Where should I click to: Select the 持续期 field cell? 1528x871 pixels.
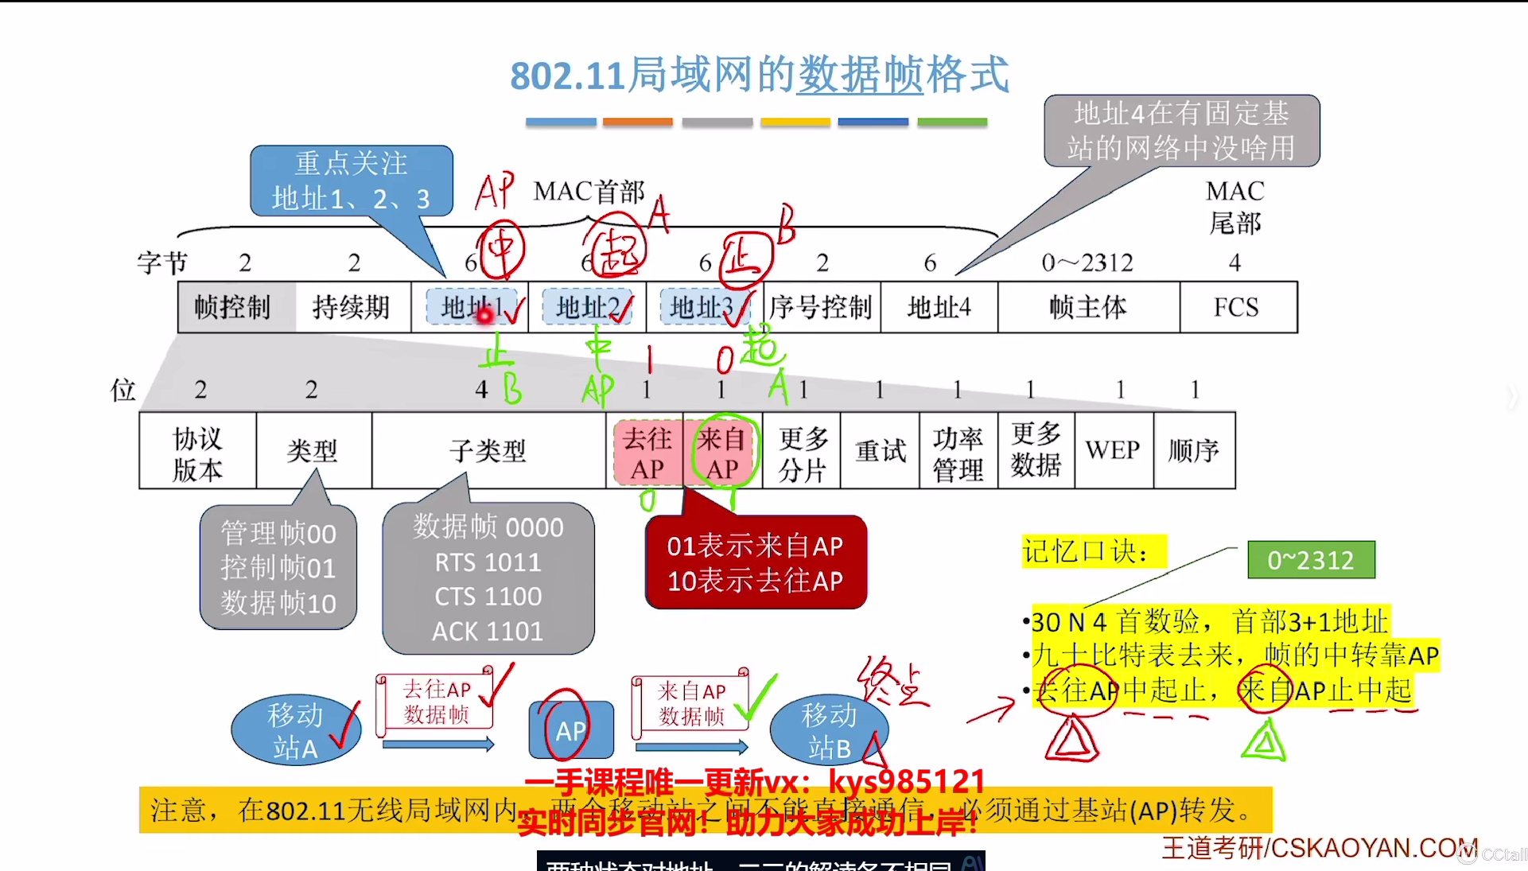point(352,307)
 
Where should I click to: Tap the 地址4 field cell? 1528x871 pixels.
point(939,307)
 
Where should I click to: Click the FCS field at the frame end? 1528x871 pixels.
point(1237,307)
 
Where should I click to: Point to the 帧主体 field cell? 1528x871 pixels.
point(1087,307)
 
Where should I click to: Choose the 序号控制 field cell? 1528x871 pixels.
point(821,307)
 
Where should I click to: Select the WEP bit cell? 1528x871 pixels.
point(1113,451)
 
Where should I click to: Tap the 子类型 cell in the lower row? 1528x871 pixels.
point(488,451)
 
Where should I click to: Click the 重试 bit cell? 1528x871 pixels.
point(880,451)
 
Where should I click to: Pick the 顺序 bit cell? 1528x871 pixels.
point(1193,451)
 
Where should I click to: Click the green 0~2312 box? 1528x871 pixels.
point(1310,560)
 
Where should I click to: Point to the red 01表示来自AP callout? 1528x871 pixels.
point(755,563)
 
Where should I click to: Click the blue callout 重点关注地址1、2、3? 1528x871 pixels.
point(351,181)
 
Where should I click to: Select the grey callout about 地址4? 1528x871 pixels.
point(1181,130)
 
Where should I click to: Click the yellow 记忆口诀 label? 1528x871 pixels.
point(1093,550)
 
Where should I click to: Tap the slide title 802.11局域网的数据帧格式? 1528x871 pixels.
point(760,76)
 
